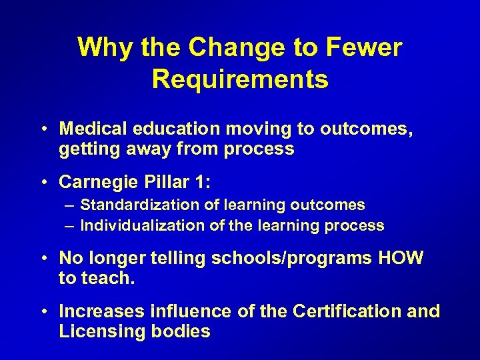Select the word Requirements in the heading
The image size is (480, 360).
click(x=240, y=79)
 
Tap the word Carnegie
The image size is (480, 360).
click(x=100, y=181)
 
